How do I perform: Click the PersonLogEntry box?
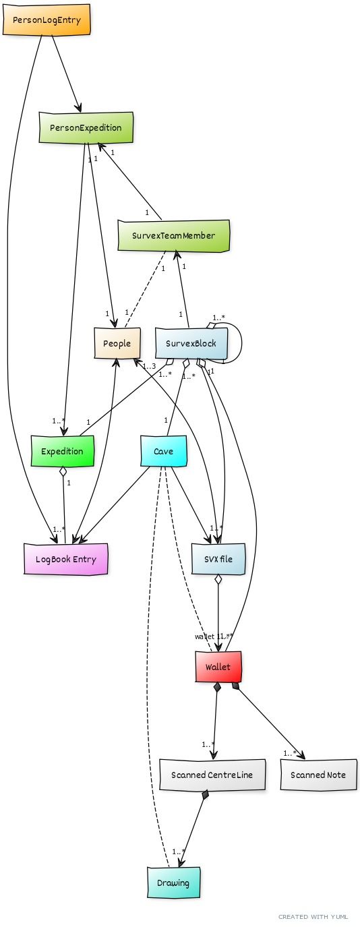coord(47,20)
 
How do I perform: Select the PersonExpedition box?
coord(86,127)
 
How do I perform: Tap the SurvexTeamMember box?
coord(173,235)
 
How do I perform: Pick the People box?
coord(117,343)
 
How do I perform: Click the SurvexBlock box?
coord(191,343)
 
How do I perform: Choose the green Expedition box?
coord(62,451)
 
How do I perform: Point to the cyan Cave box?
coord(163,451)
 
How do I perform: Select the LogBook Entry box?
coord(65,559)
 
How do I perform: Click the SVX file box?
coord(217,559)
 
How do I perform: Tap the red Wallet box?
coord(218,667)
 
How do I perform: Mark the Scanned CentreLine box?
coord(212,775)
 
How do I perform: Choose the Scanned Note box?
coord(318,775)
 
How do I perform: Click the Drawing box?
coord(173,883)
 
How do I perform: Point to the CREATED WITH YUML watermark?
coord(314,917)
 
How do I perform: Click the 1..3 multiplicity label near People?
coord(149,366)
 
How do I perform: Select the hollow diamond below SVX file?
coord(218,580)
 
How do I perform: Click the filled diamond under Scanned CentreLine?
coord(206,796)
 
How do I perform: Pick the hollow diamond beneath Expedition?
coord(63,472)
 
